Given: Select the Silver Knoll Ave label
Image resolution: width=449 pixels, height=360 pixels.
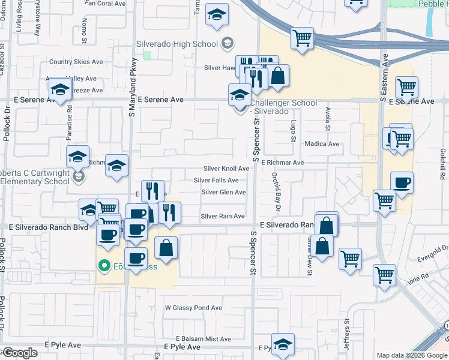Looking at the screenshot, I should coord(226,169).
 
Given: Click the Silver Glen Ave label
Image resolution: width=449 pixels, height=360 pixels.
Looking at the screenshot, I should coord(223,193).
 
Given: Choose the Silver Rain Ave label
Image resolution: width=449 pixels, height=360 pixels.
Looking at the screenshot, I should coord(223,216).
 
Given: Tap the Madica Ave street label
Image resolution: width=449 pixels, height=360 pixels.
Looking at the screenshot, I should coord(322,144).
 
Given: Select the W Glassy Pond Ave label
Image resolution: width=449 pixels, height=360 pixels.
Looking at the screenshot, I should coord(193,308).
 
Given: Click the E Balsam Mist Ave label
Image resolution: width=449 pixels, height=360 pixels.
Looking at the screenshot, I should coord(203,339).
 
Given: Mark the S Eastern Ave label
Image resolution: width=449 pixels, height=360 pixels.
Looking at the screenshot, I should coord(382,72).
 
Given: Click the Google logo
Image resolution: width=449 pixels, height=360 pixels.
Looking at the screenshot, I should coord(20,353).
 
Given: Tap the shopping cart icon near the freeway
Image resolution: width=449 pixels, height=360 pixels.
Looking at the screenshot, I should coord(303,38).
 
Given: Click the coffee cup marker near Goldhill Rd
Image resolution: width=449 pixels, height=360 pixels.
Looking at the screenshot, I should coord(402,182).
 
